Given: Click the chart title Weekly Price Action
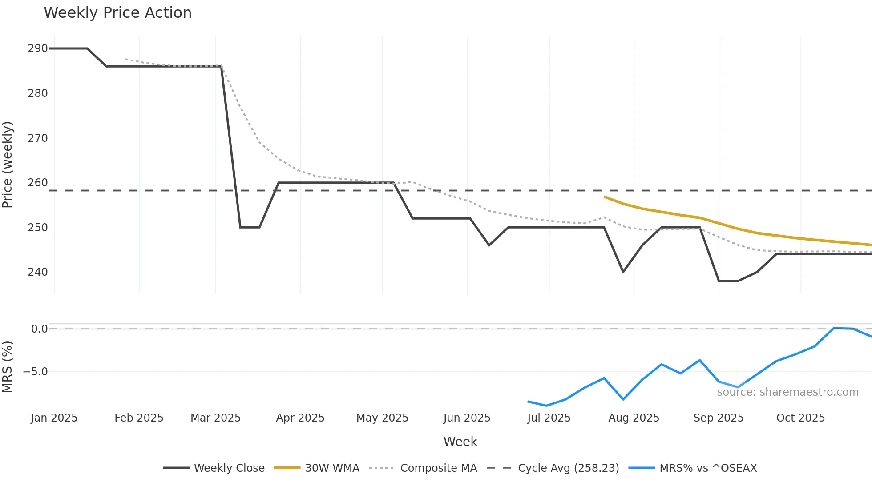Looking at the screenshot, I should coord(117,13).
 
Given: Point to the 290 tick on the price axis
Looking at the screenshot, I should coord(37,48).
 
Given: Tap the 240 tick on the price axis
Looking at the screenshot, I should coord(37,272).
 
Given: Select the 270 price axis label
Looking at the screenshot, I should coord(37,138).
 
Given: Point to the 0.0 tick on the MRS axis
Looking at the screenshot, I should coord(39,329).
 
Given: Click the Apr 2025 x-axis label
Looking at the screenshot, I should coord(300,418).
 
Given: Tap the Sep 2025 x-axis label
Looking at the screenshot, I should coord(718,418).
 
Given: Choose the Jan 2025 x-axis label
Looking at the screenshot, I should coord(54,418).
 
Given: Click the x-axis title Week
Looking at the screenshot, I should coord(460,442).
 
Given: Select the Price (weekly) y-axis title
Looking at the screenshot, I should coord(8,165).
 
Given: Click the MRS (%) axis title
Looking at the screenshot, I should coord(8,367).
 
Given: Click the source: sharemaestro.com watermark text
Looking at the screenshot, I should coord(787,392).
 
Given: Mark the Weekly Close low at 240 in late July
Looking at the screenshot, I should coord(623,272).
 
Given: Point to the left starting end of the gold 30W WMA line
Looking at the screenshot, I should coord(604,197).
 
